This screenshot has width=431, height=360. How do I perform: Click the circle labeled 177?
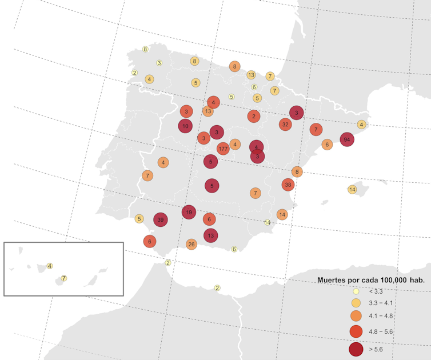tap(223, 149)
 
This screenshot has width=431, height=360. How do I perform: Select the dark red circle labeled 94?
tap(346, 139)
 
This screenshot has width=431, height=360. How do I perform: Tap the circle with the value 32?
tap(285, 124)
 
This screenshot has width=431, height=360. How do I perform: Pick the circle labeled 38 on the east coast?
tap(288, 185)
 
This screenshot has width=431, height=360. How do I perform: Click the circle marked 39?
tap(161, 219)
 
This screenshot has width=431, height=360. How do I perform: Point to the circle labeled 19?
tap(189, 212)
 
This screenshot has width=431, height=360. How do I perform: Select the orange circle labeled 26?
tap(191, 244)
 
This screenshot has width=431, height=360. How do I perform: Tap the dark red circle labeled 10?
tap(185, 126)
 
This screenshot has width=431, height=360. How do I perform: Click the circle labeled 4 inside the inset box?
tap(50, 266)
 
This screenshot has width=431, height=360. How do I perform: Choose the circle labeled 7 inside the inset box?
tap(64, 278)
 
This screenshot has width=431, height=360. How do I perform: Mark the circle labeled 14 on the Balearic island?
tap(352, 189)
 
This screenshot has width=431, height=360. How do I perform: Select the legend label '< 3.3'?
tap(377, 291)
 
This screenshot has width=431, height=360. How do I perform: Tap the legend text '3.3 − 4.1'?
tap(381, 303)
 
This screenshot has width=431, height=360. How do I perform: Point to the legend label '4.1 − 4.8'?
tap(381, 316)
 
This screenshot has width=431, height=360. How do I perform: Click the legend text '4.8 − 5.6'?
tap(381, 331)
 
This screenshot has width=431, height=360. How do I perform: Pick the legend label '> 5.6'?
tap(377, 348)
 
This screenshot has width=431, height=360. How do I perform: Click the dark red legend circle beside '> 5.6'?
tap(356, 348)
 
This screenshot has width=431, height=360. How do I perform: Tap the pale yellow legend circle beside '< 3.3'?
tap(356, 291)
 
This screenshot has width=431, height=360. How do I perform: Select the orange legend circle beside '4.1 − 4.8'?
tap(356, 316)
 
